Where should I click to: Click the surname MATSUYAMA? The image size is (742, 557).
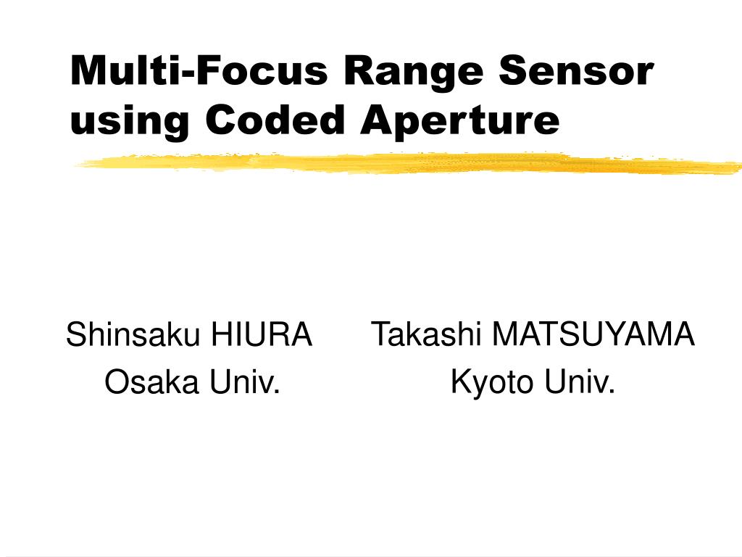593,335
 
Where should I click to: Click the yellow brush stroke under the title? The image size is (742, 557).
406,164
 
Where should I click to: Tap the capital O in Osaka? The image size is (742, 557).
116,381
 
